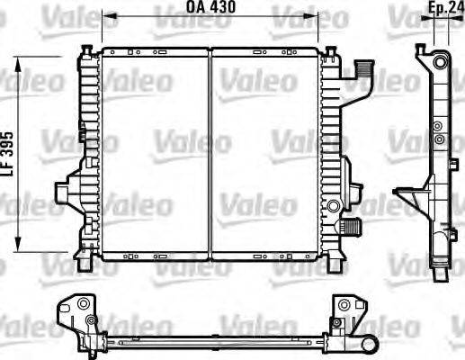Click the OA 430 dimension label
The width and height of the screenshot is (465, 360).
click(x=210, y=7)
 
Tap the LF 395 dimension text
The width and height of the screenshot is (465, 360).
click(x=7, y=154)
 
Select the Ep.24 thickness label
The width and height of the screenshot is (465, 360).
click(x=446, y=8)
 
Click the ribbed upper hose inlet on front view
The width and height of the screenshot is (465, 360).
click(x=363, y=68)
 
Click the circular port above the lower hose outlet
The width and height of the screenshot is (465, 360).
click(x=333, y=206)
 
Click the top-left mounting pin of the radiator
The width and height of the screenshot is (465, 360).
click(x=87, y=50)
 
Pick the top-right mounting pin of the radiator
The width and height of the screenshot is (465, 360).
click(x=331, y=51)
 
